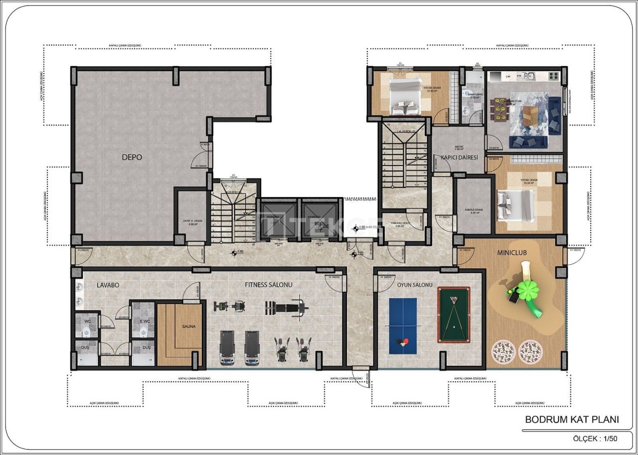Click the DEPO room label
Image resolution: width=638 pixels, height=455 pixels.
(132, 157)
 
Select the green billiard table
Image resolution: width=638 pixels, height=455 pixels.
(454, 315)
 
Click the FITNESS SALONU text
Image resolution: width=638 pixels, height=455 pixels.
(268, 285)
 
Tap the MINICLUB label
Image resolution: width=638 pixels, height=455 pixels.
(511, 252)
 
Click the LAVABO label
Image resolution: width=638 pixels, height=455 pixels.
(108, 285)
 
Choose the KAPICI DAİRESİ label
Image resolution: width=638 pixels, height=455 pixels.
(459, 157)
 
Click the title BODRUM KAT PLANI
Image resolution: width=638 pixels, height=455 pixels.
(572, 420)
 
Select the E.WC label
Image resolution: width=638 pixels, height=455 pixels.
(145, 322)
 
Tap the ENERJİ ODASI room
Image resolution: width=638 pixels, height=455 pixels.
(474, 205)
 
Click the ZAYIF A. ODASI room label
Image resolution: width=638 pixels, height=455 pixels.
(192, 222)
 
